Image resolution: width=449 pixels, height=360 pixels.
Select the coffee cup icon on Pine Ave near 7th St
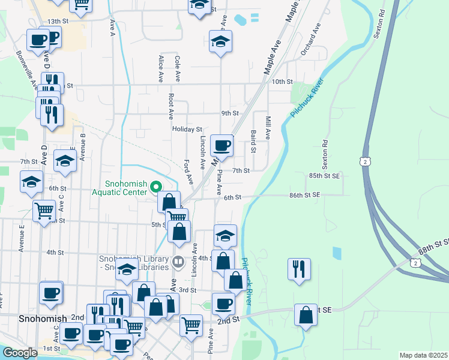222,145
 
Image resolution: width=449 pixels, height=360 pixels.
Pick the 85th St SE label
325,176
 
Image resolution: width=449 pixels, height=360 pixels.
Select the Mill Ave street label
268,128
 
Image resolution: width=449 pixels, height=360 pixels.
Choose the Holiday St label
187,130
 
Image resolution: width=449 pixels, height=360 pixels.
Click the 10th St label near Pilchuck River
281,82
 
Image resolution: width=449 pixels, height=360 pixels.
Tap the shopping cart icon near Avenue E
44,211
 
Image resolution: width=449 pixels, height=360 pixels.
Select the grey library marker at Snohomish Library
178,262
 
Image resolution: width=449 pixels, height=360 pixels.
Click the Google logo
20,353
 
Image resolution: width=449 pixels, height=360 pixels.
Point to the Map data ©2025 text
423,355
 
